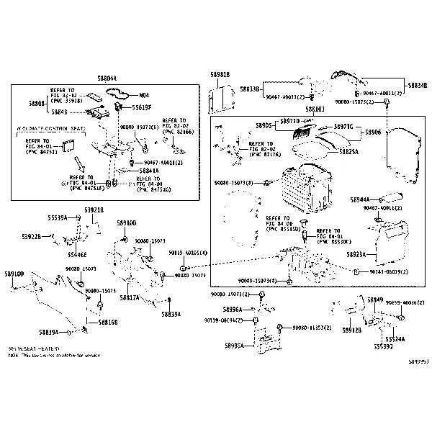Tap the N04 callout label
point(144,95)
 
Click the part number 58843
point(39,112)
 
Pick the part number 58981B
point(220,75)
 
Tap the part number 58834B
point(416,84)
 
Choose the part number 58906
point(372,132)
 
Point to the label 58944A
point(360,199)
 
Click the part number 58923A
point(355,254)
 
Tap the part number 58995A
point(233,346)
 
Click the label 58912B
point(351,330)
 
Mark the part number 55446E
point(77,254)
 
